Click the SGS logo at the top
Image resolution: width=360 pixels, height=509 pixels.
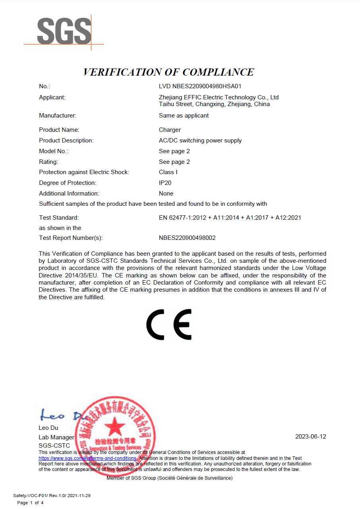(64, 32)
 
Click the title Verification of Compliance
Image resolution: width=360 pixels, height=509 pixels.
(168, 72)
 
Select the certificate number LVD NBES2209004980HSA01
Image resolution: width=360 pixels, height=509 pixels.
(200, 86)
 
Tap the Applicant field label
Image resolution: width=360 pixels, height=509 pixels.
(52, 97)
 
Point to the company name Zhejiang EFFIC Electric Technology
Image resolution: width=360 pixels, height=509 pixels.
(219, 97)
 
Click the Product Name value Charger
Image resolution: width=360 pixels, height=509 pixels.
(170, 130)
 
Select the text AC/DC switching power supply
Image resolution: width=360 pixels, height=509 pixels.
(200, 141)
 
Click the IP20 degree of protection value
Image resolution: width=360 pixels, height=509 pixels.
(165, 183)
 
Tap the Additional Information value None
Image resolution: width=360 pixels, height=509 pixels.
(166, 194)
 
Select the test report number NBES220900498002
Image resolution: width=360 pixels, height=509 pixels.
(187, 238)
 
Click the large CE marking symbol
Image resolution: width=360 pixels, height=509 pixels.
(169, 325)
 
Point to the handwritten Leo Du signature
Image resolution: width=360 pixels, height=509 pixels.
(59, 415)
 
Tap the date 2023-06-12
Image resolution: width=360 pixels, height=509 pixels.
(310, 437)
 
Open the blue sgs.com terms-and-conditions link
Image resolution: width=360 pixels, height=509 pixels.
(88, 458)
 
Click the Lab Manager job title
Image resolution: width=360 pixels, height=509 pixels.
(56, 437)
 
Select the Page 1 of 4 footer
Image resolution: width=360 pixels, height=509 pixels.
(30, 503)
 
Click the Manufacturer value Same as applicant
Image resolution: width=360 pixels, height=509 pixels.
(184, 116)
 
